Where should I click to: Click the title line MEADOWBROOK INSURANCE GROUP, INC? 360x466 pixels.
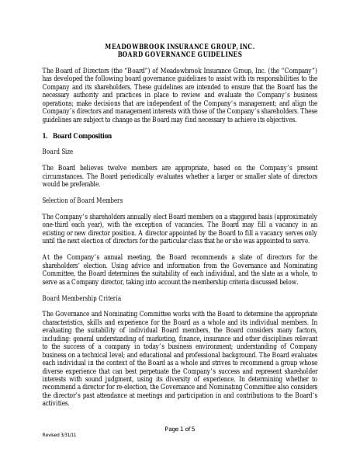click(179, 47)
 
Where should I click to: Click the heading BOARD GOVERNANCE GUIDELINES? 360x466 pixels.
click(179, 55)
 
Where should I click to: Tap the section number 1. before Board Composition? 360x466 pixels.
click(45, 136)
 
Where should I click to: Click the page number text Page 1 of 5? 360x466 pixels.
click(180, 429)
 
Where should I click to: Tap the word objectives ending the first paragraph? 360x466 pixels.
click(278, 120)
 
